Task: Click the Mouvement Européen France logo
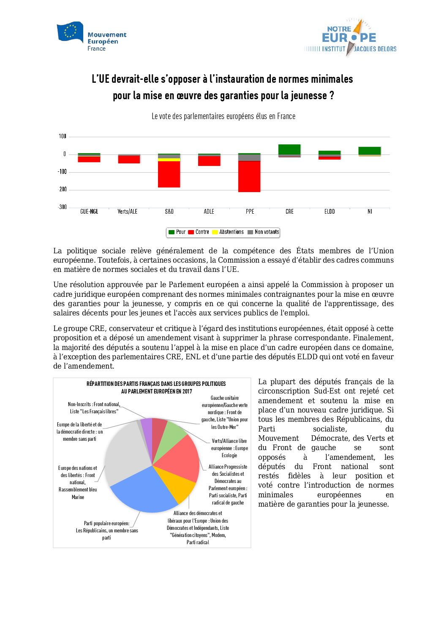pyautogui.click(x=92, y=37)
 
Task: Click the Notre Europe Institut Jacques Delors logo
pyautogui.click(x=350, y=38)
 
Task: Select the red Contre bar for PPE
pyautogui.click(x=249, y=176)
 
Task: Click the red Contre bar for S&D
pyautogui.click(x=169, y=174)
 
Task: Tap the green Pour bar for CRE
pyautogui.click(x=289, y=149)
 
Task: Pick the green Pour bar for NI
pyautogui.click(x=370, y=151)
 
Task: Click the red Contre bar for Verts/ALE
pyautogui.click(x=129, y=159)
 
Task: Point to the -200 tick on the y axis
pyautogui.click(x=63, y=190)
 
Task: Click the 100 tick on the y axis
pyautogui.click(x=63, y=136)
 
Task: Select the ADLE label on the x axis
pyautogui.click(x=209, y=212)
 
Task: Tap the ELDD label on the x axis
pyautogui.click(x=330, y=212)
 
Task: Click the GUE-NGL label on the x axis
pyautogui.click(x=89, y=212)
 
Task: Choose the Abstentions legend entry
pyautogui.click(x=228, y=232)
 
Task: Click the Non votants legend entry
pyautogui.click(x=263, y=232)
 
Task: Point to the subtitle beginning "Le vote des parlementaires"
pyautogui.click(x=223, y=116)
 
